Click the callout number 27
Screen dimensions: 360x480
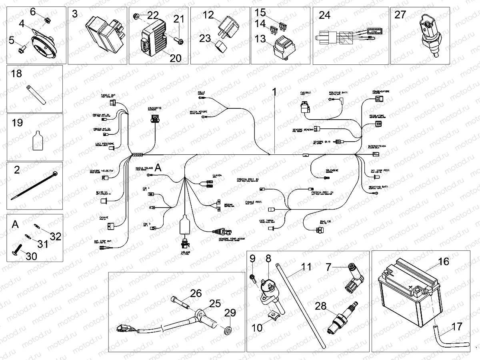click(400, 15)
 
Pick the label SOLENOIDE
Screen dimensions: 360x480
click(332, 170)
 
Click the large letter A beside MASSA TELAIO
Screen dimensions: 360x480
click(158, 168)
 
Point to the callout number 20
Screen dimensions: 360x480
click(175, 58)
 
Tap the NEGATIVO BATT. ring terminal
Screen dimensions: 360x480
click(376, 193)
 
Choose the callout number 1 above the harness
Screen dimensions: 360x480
click(274, 92)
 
